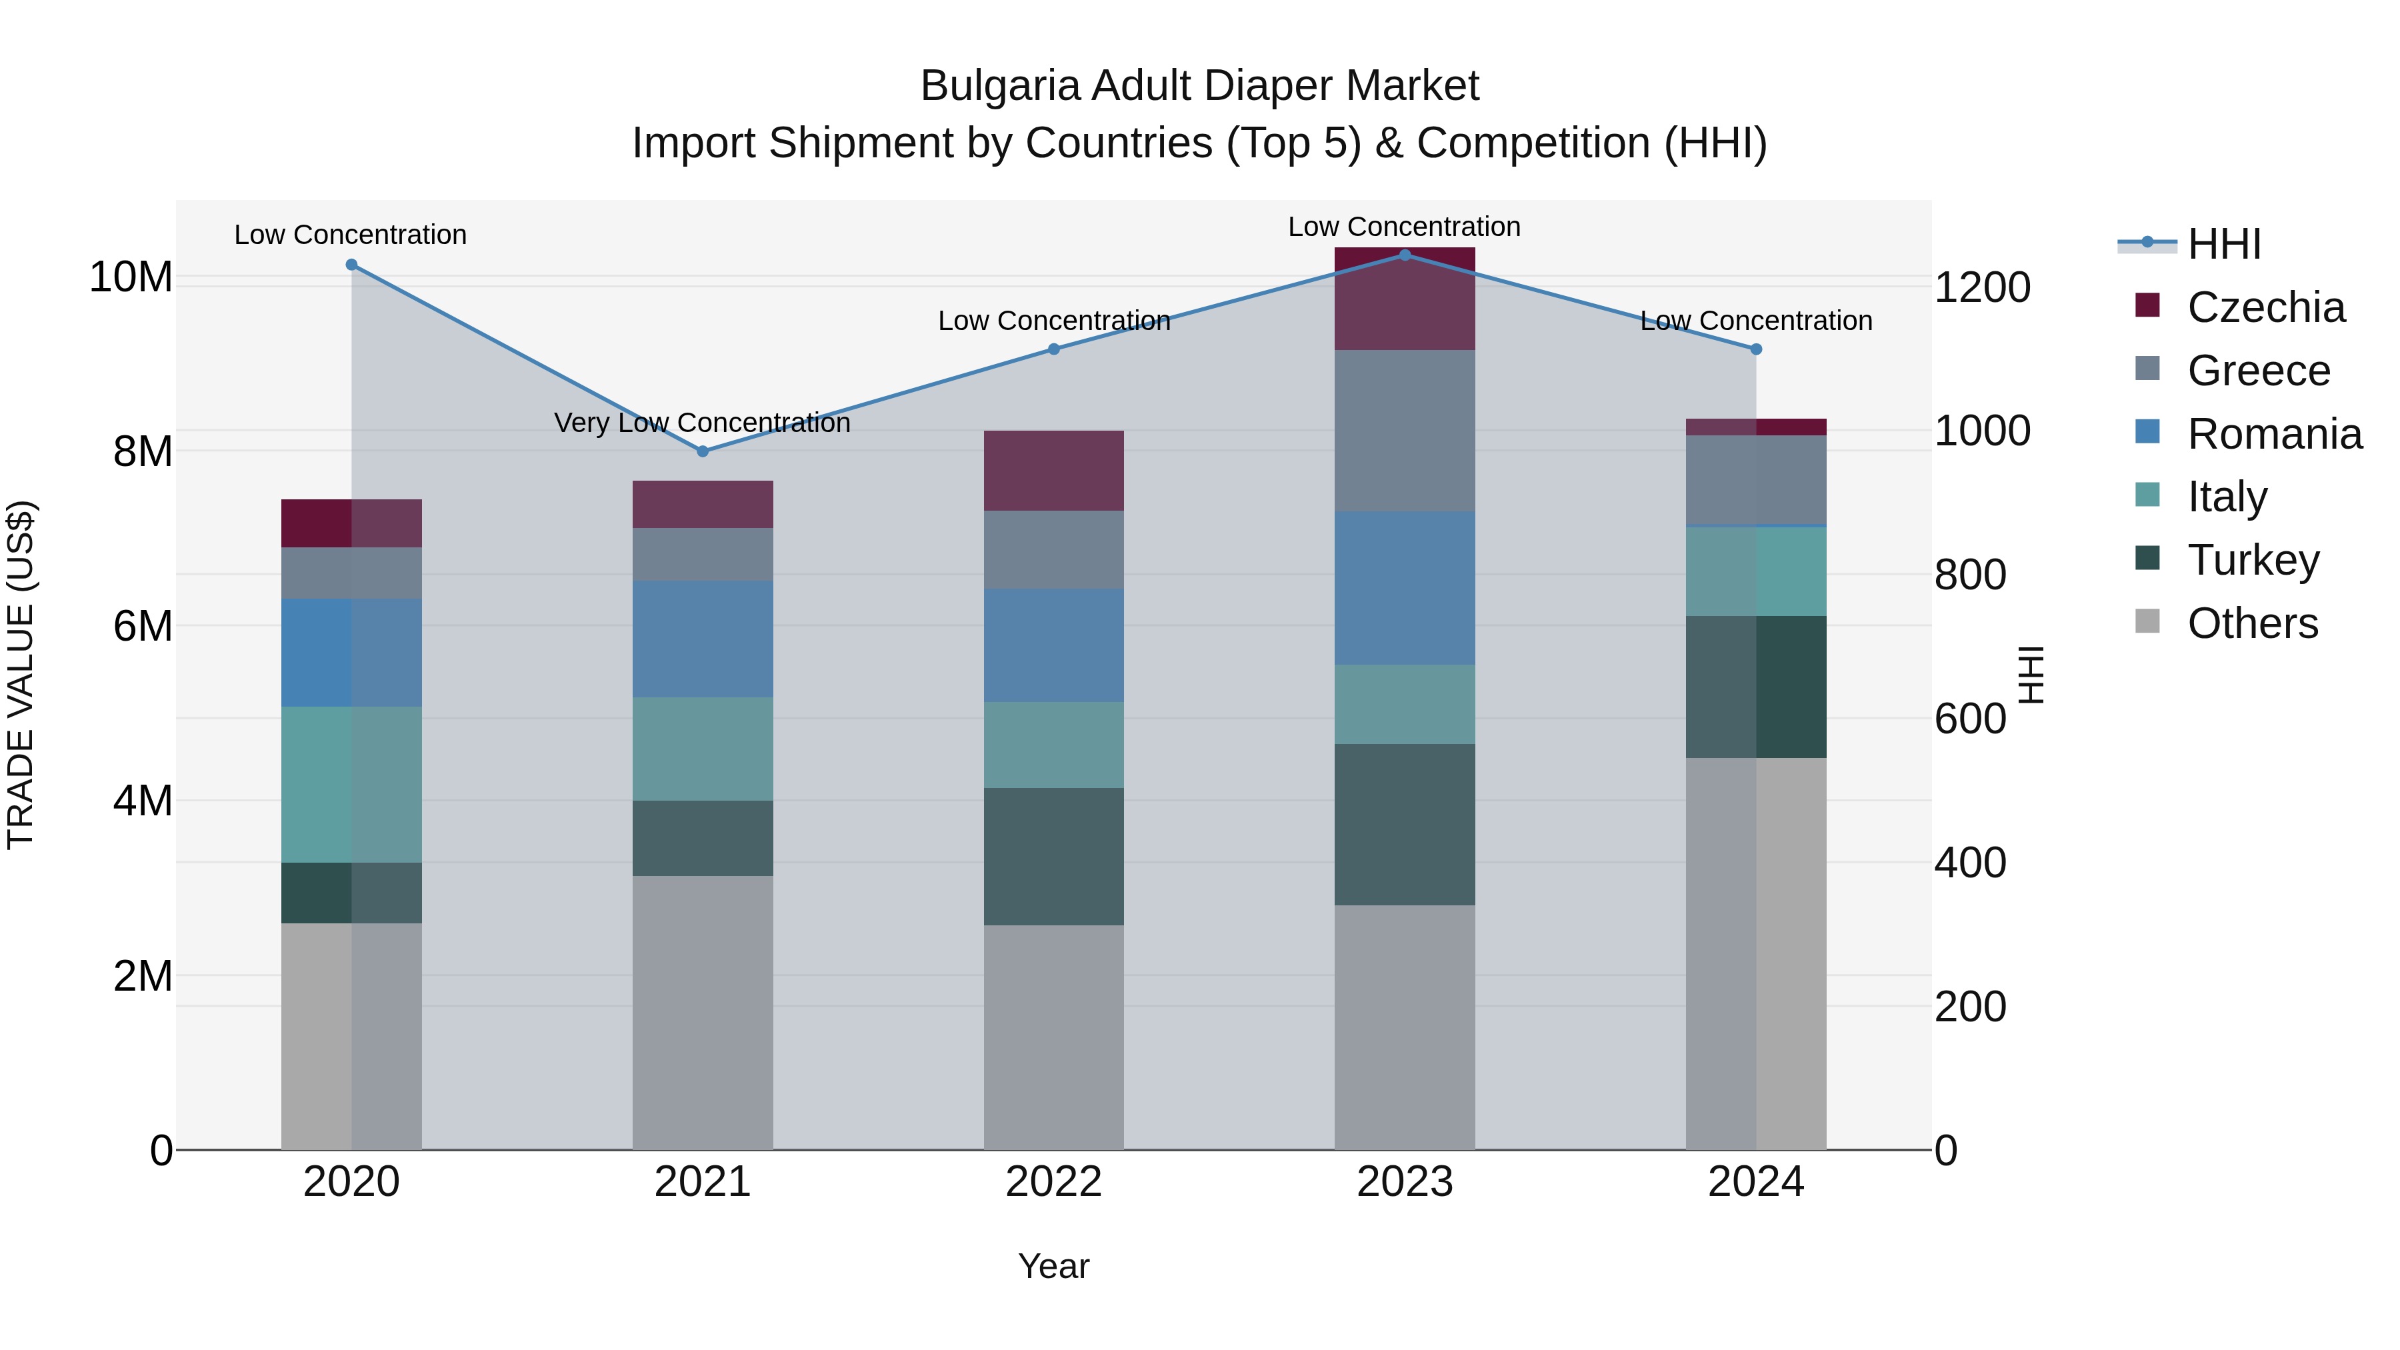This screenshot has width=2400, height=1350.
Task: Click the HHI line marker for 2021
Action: pyautogui.click(x=703, y=451)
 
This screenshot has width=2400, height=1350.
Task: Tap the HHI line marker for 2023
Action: pyautogui.click(x=1405, y=255)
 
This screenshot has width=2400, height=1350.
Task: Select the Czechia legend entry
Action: pyautogui.click(x=2265, y=307)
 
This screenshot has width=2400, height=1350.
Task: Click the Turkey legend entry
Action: pyautogui.click(x=2253, y=560)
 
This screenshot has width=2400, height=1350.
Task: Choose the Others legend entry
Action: pyautogui.click(x=2252, y=623)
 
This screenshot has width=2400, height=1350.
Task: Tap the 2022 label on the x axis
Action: pyautogui.click(x=1054, y=1182)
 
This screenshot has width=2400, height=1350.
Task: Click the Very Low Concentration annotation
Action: pyautogui.click(x=703, y=423)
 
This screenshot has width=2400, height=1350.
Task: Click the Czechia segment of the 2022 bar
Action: pyautogui.click(x=1054, y=471)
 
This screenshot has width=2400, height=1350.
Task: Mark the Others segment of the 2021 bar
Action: pyautogui.click(x=703, y=1012)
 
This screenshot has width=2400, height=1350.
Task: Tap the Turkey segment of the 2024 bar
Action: pyautogui.click(x=1756, y=687)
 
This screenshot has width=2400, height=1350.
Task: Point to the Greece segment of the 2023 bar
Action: pyautogui.click(x=1405, y=431)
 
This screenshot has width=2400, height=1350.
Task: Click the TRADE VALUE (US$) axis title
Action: pyautogui.click(x=21, y=675)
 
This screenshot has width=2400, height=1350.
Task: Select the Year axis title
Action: pyautogui.click(x=1054, y=1266)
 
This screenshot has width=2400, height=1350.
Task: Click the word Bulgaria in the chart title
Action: pyautogui.click(x=1001, y=86)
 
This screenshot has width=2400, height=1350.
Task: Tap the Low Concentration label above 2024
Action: pyautogui.click(x=1756, y=321)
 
